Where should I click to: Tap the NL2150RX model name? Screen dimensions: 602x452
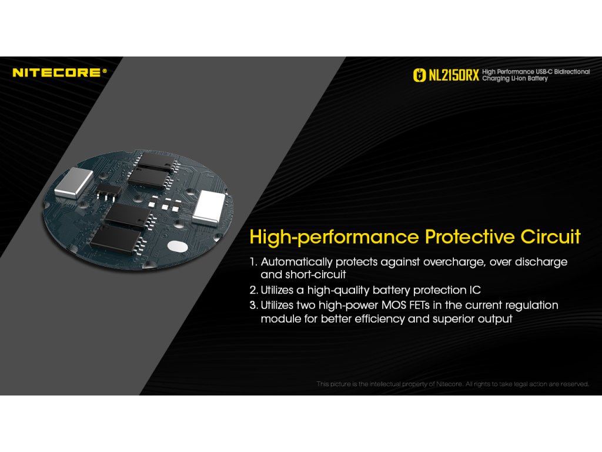pyautogui.click(x=453, y=75)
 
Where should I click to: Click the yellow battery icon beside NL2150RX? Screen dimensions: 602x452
pyautogui.click(x=419, y=75)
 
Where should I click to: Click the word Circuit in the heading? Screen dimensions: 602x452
pyautogui.click(x=550, y=237)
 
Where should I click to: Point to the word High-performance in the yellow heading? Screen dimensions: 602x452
pyautogui.click(x=334, y=237)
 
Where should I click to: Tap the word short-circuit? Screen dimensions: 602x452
pyautogui.click(x=316, y=274)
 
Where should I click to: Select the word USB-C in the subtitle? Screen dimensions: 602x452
pyautogui.click(x=544, y=71)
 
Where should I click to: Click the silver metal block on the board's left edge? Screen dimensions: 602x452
pyautogui.click(x=73, y=182)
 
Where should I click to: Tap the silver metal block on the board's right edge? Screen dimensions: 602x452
pyautogui.click(x=209, y=207)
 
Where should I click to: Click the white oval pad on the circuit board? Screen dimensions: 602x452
pyautogui.click(x=178, y=247)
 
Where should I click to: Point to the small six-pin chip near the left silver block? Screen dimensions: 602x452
pyautogui.click(x=108, y=191)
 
